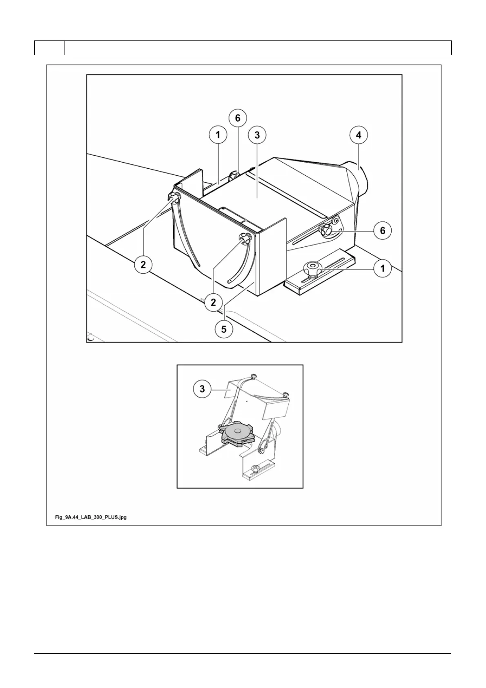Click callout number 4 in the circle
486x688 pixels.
(359, 134)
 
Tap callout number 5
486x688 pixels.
(224, 328)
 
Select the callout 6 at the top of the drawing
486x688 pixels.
(238, 118)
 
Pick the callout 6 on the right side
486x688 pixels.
(383, 230)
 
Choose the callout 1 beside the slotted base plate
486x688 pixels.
(383, 268)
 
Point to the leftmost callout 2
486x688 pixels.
(143, 264)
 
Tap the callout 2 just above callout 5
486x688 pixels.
(213, 302)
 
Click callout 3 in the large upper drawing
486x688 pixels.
(257, 134)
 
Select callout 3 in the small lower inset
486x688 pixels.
(202, 389)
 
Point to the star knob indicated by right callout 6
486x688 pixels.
(327, 230)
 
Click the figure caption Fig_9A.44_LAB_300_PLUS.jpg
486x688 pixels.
(91, 517)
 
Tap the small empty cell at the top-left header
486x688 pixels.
(49, 48)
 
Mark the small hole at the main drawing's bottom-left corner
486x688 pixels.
(91, 338)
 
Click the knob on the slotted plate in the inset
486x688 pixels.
(256, 468)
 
